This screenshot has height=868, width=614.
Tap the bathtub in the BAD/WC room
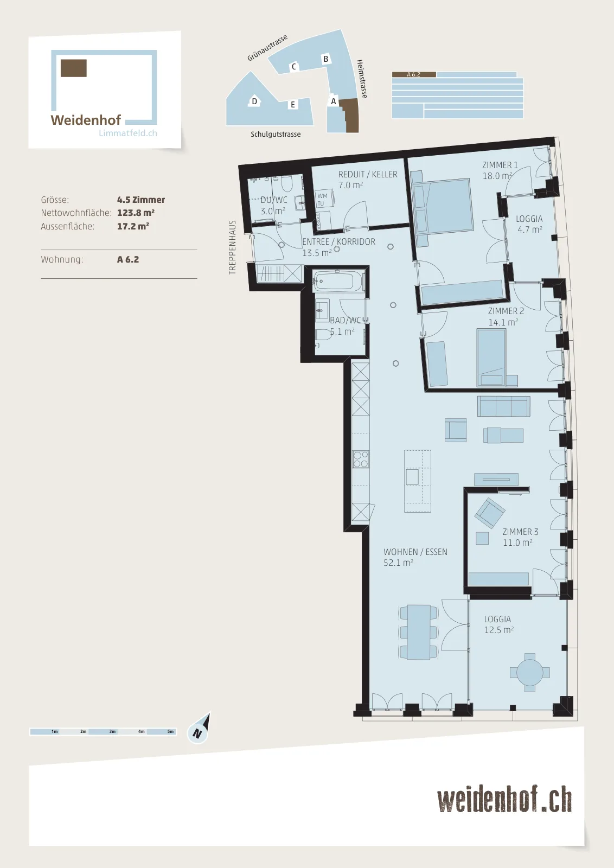338,280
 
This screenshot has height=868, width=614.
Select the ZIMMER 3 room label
520,532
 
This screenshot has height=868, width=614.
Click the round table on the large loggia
529,672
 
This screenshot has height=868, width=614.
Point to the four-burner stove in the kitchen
360,459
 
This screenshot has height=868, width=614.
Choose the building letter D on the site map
254,101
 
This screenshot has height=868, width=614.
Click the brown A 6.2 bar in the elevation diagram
414,74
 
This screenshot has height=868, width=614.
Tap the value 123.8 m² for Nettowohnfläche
136,213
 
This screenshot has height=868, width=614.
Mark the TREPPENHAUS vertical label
232,247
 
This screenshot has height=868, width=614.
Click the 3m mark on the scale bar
112,732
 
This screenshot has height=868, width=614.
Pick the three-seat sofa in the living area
503,406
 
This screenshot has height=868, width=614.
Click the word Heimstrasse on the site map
362,79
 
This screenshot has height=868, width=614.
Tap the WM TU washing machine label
322,200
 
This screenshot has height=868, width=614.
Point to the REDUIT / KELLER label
368,174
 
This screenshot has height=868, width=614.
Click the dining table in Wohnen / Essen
418,632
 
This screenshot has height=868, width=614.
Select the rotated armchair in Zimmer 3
490,513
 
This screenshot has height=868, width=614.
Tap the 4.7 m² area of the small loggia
529,229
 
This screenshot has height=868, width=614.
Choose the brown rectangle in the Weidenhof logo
74,68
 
